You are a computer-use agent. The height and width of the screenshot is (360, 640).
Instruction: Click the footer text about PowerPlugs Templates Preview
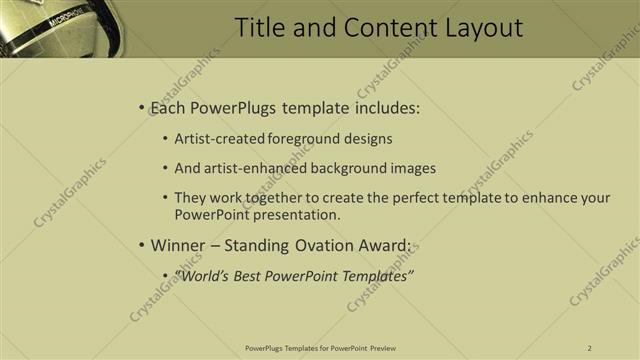(320, 347)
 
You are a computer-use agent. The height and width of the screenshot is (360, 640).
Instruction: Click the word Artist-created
(218, 139)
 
